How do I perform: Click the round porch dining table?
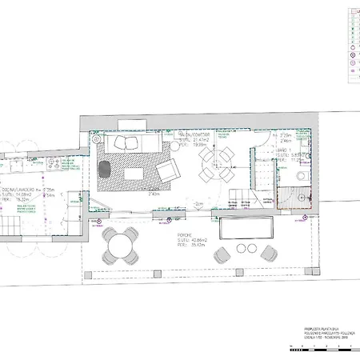[x=121, y=243]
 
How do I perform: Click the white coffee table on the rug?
[x=133, y=172]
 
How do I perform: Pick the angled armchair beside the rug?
[x=168, y=171]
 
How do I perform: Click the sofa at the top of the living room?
[x=132, y=143]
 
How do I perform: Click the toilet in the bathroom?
[x=300, y=197]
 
